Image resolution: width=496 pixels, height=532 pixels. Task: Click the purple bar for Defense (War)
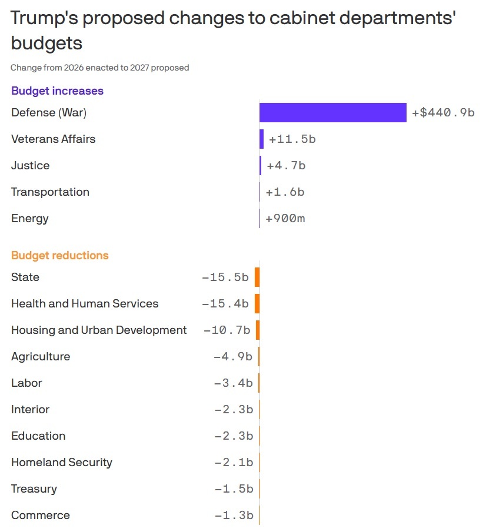coord(332,112)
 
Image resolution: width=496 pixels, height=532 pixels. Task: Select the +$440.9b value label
coord(443,112)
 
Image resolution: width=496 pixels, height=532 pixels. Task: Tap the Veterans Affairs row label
coord(53,139)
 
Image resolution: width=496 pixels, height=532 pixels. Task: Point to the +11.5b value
coord(292,139)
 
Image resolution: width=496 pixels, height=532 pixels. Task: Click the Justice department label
coord(30,166)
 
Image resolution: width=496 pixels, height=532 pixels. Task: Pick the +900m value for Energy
coord(285,219)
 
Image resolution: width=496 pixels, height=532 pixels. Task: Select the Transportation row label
coord(50,192)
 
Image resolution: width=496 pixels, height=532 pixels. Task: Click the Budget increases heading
coord(57,91)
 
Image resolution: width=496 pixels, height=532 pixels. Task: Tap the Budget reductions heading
coord(59,256)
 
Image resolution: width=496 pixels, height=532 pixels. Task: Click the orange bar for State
coord(257,277)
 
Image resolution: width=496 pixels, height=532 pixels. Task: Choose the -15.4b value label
coord(225,304)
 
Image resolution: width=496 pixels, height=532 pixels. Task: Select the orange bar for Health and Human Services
coord(257,304)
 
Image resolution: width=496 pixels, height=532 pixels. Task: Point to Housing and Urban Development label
coord(99,330)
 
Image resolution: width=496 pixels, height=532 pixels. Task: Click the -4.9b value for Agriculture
coord(232,357)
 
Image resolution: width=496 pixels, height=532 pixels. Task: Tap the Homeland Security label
coord(61,463)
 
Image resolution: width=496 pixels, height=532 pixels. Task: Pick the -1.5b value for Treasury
coord(233,489)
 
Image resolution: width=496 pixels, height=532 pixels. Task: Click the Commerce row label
coord(40,516)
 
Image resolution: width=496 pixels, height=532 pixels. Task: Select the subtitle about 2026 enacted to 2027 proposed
coord(99,68)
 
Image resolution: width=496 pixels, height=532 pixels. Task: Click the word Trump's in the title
coord(44,18)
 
